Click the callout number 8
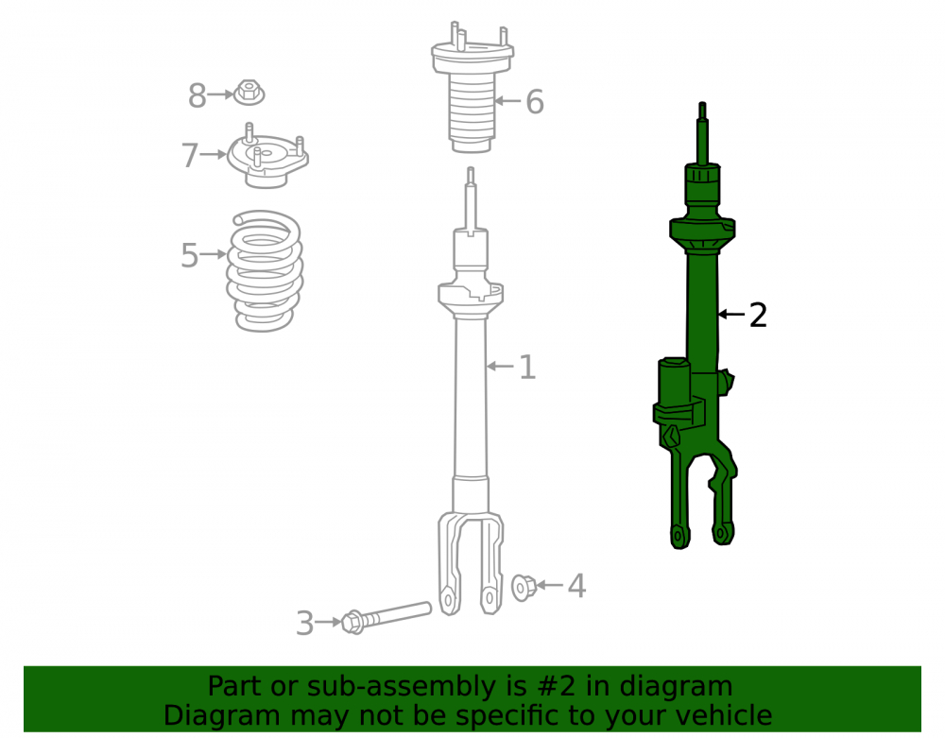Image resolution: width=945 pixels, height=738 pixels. pyautogui.click(x=198, y=95)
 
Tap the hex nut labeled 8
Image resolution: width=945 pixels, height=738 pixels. pyautogui.click(x=249, y=93)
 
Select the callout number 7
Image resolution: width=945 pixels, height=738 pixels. pyautogui.click(x=190, y=155)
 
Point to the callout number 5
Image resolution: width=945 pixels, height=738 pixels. pyautogui.click(x=190, y=255)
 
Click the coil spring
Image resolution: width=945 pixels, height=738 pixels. pyautogui.click(x=264, y=270)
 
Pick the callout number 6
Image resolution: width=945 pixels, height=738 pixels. pyautogui.click(x=535, y=102)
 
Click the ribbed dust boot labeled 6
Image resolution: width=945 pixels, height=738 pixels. pyautogui.click(x=472, y=87)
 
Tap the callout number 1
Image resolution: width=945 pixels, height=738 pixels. pyautogui.click(x=527, y=367)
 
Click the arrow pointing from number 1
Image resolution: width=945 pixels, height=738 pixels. pyautogui.click(x=500, y=366)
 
